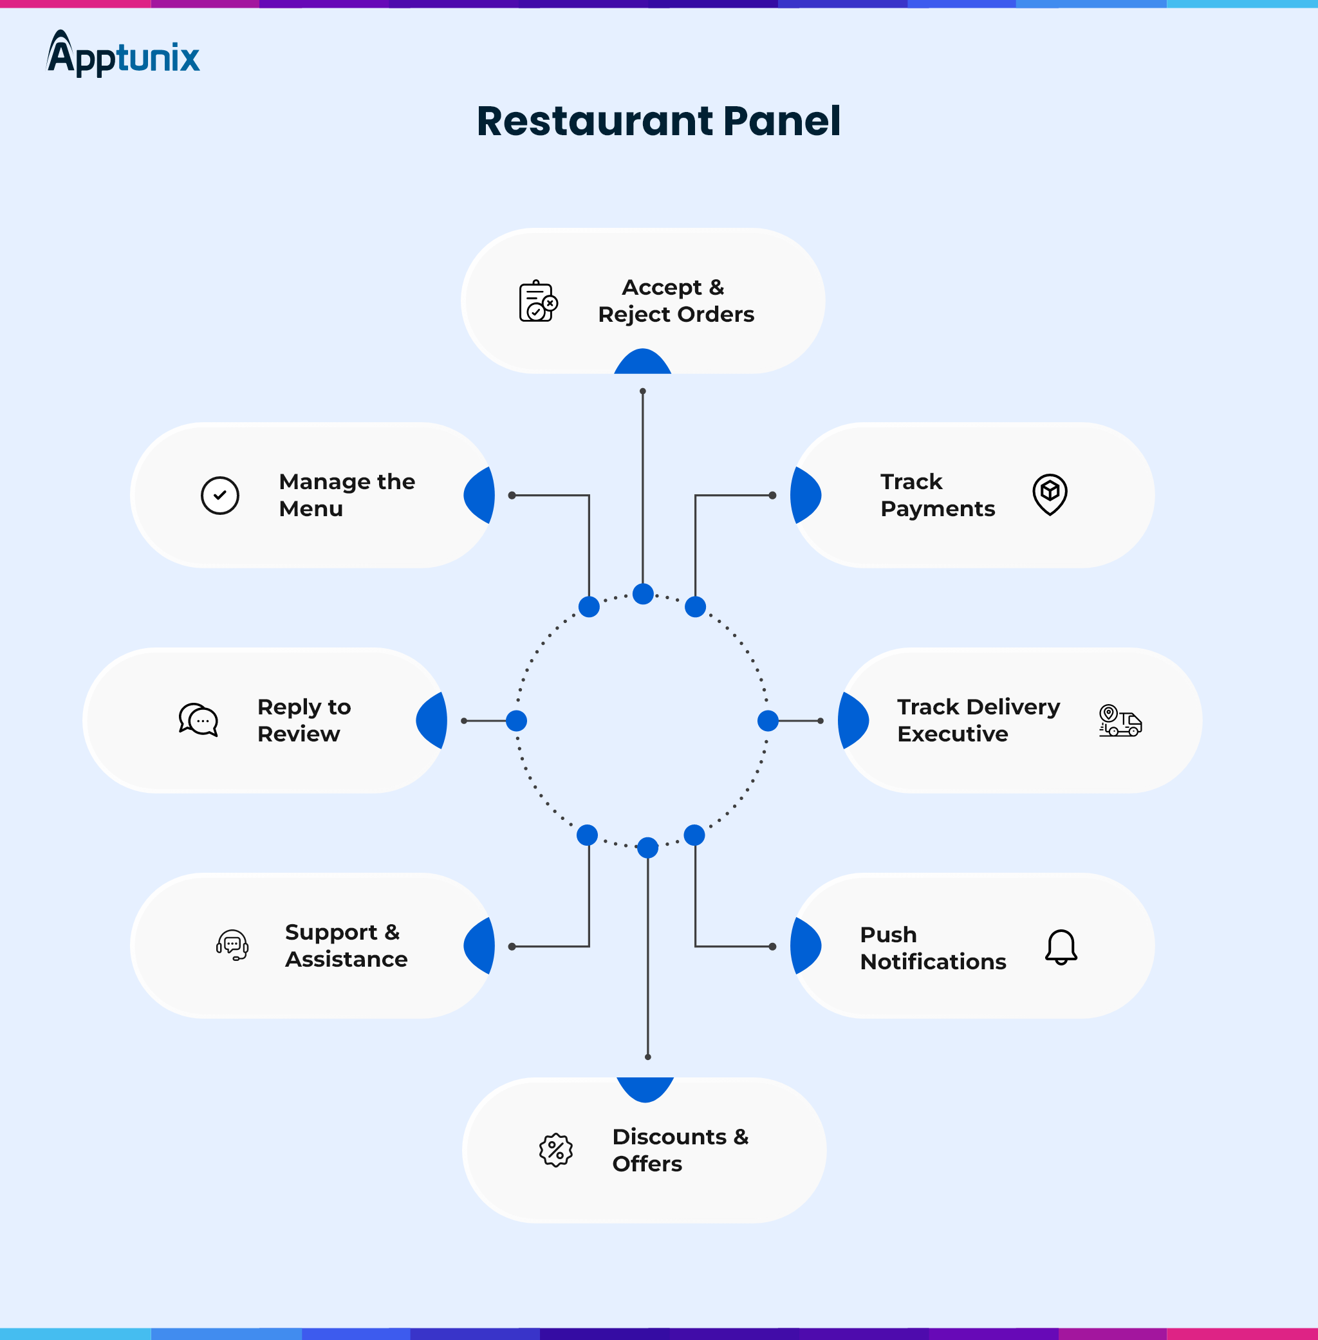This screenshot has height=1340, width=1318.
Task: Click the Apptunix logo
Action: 123,54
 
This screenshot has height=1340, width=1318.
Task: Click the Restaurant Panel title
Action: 658,121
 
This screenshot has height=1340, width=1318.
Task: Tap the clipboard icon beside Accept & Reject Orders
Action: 538,302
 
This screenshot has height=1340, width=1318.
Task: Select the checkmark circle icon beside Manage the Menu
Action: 220,496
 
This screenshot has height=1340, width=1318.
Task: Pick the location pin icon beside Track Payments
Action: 1050,494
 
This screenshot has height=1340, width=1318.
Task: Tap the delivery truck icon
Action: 1120,721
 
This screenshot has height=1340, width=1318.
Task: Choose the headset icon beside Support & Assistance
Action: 232,945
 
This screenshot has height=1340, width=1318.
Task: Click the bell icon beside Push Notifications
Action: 1061,947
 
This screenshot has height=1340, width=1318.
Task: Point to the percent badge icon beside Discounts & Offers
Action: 556,1150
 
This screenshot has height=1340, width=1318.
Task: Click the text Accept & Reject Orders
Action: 676,301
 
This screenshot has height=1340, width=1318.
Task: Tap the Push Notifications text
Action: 933,947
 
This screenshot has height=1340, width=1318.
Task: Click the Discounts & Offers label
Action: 680,1149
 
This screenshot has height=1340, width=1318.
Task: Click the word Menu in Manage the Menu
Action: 311,508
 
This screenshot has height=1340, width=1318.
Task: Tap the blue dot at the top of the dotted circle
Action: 643,594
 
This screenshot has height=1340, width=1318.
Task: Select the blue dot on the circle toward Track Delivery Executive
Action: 768,721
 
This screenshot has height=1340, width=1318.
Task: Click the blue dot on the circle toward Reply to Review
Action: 516,721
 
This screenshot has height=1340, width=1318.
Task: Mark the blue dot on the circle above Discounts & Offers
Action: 648,847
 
